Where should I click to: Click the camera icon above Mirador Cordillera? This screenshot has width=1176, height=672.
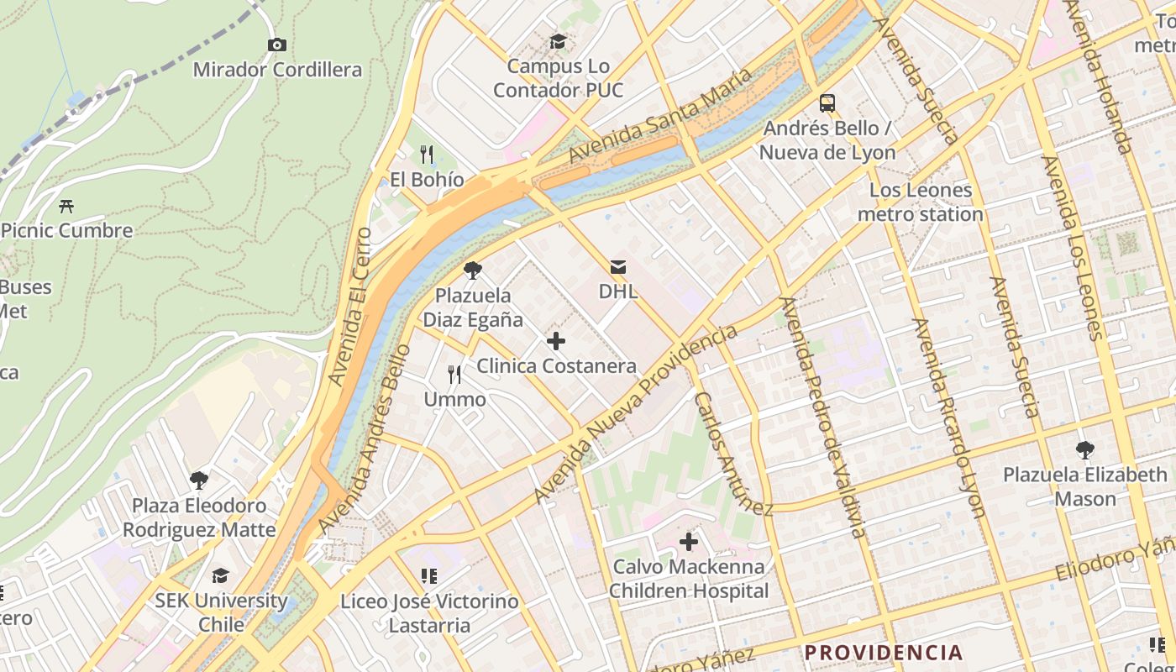[276, 45]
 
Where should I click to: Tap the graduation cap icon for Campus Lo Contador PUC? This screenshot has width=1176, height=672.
[558, 41]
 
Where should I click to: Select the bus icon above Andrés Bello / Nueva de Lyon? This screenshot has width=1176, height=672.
[827, 103]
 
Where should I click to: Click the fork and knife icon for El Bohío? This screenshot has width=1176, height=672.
[427, 155]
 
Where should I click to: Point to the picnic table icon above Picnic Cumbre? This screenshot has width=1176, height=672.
[66, 206]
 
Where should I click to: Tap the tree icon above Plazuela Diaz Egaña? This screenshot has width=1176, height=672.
[473, 270]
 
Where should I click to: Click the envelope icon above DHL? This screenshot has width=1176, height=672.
[618, 267]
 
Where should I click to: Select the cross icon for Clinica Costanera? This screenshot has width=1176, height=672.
[556, 341]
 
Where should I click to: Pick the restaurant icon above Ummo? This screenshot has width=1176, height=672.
[454, 374]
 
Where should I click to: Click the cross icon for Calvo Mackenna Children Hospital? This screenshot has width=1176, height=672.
[689, 542]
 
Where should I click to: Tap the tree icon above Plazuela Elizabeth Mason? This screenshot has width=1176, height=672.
[1085, 450]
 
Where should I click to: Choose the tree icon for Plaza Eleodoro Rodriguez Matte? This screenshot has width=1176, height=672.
[199, 480]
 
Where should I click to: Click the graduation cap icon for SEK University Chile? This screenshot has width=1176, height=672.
[220, 575]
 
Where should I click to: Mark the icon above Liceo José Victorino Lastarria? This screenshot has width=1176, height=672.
[429, 576]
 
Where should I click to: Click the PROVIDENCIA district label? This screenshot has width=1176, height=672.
[884, 653]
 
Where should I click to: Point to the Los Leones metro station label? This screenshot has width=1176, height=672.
[920, 202]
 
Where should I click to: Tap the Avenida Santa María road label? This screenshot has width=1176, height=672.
[660, 118]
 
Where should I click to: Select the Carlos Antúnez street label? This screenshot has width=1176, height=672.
[733, 454]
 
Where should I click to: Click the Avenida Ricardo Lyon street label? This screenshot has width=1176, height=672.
[948, 417]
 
